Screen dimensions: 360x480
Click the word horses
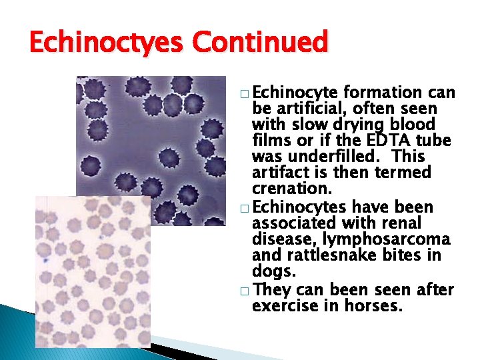(x=374, y=306)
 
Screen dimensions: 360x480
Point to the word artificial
(x=307, y=109)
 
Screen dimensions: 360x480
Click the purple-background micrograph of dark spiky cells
(x=153, y=133)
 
